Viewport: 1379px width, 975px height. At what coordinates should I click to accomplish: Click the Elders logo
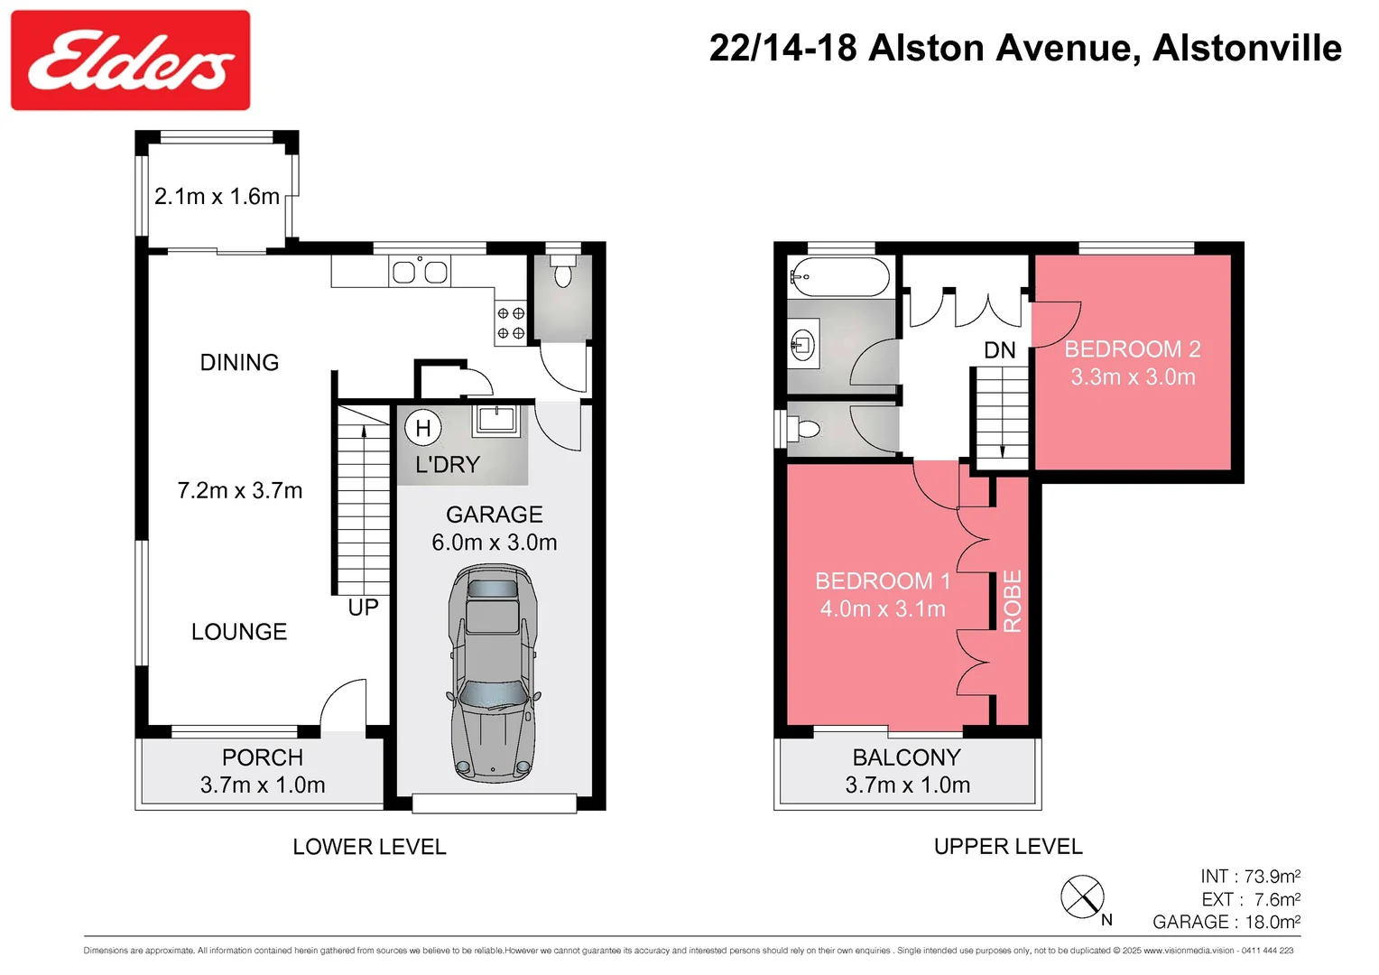pyautogui.click(x=130, y=60)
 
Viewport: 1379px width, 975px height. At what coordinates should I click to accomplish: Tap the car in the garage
pyautogui.click(x=493, y=673)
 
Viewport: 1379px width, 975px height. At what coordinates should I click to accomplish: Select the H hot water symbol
pyautogui.click(x=422, y=428)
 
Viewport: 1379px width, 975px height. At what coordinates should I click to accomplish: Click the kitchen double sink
pyautogui.click(x=420, y=272)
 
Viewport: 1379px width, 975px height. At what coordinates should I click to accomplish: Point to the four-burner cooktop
pyautogui.click(x=511, y=323)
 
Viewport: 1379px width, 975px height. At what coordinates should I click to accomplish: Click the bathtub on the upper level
pyautogui.click(x=839, y=276)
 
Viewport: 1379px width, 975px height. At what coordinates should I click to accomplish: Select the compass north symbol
pyautogui.click(x=1082, y=897)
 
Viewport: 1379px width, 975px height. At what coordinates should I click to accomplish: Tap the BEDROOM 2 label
pyautogui.click(x=1132, y=349)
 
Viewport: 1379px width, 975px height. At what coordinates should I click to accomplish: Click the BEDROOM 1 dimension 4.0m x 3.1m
pyautogui.click(x=882, y=609)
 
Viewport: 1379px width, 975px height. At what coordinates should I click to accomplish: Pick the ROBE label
pyautogui.click(x=1013, y=601)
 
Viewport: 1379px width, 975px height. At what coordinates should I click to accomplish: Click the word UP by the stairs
pyautogui.click(x=363, y=608)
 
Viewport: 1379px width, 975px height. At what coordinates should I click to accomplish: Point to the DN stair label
pyautogui.click(x=999, y=350)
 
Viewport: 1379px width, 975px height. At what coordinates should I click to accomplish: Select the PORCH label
pyautogui.click(x=263, y=757)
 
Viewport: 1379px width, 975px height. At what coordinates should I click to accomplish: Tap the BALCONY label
pyautogui.click(x=906, y=757)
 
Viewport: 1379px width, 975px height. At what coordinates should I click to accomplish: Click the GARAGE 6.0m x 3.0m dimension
pyautogui.click(x=494, y=543)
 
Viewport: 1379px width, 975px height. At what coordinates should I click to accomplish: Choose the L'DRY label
pyautogui.click(x=447, y=465)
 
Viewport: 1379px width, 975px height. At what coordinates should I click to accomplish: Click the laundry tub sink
pyautogui.click(x=496, y=419)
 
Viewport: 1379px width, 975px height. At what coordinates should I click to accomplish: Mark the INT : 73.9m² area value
pyautogui.click(x=1250, y=877)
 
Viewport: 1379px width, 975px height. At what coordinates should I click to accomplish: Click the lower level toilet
pyautogui.click(x=563, y=272)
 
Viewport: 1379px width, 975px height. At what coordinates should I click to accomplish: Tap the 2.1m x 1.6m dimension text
pyautogui.click(x=217, y=197)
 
